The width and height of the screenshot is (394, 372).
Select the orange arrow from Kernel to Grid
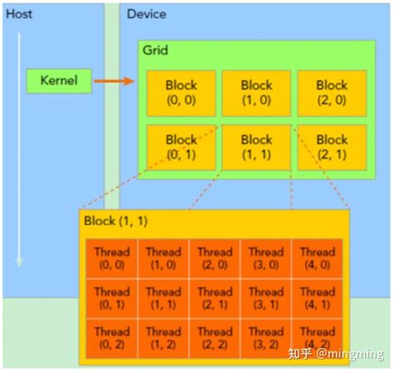click(114, 81)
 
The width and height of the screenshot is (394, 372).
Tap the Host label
click(19, 14)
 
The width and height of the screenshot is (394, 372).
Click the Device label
click(146, 14)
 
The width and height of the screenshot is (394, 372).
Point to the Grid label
click(155, 51)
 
